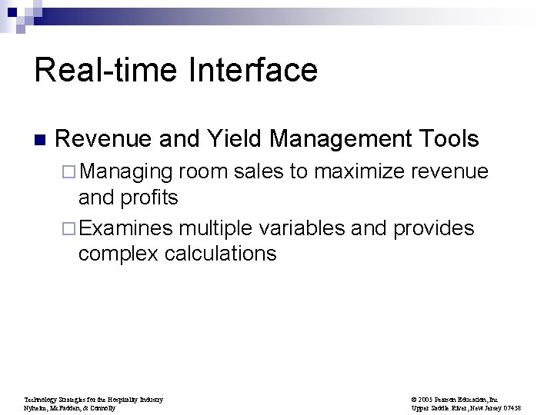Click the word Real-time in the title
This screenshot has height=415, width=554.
click(x=107, y=71)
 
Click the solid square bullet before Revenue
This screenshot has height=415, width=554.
click(x=39, y=141)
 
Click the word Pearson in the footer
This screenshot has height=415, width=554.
click(x=451, y=400)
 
